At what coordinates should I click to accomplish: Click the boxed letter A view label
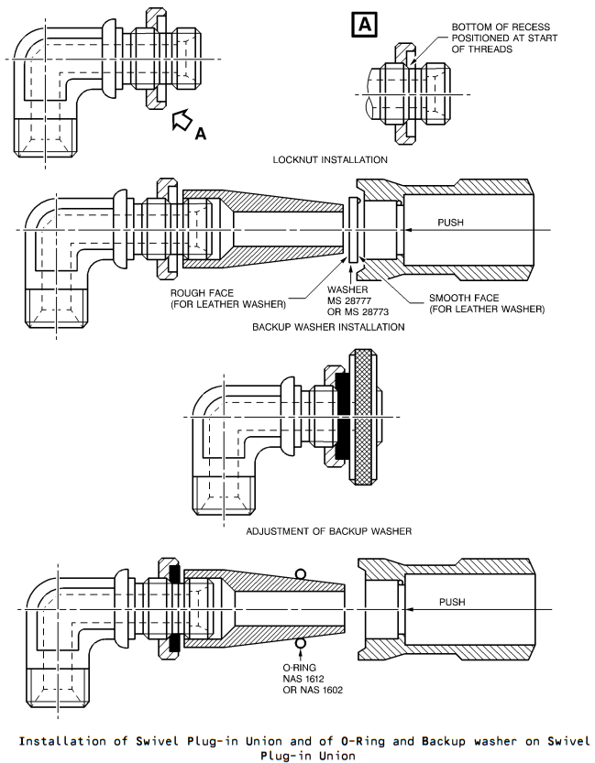364,25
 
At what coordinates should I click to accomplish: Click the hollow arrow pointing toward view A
182,120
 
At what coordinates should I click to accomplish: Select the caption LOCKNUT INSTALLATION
330,159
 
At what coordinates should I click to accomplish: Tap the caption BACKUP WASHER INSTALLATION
328,327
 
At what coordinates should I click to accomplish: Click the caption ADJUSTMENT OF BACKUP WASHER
328,531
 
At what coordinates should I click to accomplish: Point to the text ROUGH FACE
202,293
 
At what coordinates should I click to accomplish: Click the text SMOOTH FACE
464,298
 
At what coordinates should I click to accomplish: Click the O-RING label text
300,668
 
